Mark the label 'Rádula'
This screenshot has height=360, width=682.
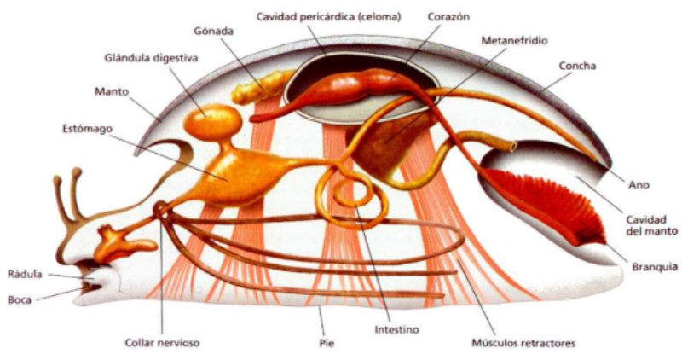[25, 274]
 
